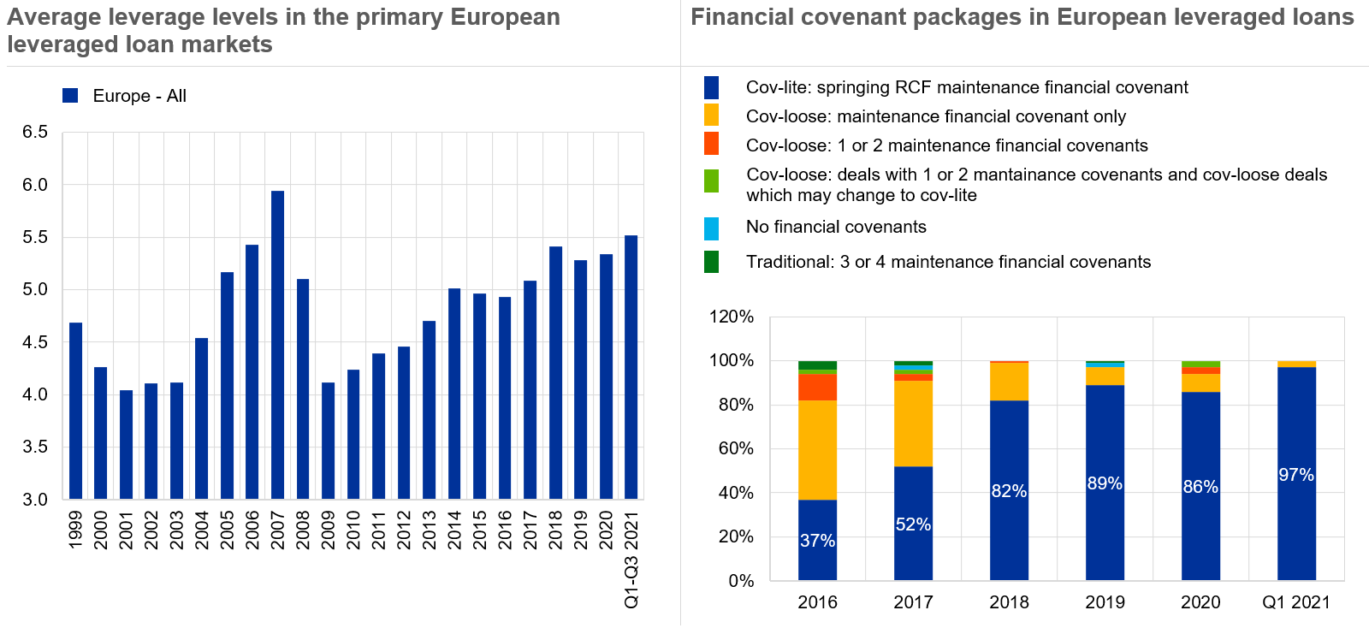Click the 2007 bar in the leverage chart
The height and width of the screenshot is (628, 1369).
tap(277, 345)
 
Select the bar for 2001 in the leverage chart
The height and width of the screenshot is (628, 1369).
tap(126, 445)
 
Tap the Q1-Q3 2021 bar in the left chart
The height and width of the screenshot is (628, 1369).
tap(631, 367)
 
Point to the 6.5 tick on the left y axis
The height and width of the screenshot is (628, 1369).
tap(35, 133)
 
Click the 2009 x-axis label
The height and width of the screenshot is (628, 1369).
tap(328, 530)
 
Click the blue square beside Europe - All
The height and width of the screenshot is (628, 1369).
tap(70, 96)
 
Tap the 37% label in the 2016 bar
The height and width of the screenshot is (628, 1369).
tap(817, 541)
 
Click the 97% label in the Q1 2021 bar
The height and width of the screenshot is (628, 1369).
tap(1296, 475)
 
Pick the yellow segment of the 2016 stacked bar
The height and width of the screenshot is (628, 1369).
tap(817, 450)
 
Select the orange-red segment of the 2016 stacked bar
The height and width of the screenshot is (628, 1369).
tap(817, 388)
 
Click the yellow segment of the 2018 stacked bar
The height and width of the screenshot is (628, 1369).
tap(1009, 382)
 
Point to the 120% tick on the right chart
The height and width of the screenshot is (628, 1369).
tap(732, 317)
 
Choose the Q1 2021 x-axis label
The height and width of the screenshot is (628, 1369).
tap(1296, 602)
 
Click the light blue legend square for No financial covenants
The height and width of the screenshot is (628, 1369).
tap(711, 228)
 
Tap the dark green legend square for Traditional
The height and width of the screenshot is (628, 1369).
tap(711, 262)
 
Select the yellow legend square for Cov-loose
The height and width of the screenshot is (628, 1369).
tap(711, 116)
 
